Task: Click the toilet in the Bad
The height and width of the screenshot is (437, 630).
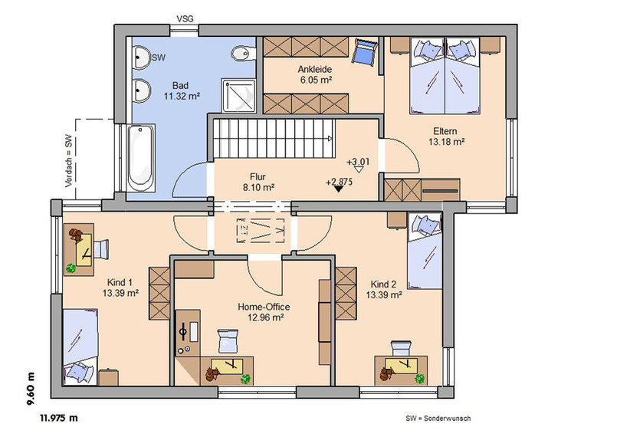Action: point(243,54)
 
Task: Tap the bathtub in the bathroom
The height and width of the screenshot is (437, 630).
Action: point(140,158)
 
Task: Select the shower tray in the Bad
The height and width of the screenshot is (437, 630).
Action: point(238,95)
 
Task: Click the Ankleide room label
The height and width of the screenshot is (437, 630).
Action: point(315,69)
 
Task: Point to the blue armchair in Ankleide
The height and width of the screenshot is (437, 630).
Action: point(366,51)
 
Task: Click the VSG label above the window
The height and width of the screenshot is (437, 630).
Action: point(185,19)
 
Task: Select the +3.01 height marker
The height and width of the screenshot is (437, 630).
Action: point(358,162)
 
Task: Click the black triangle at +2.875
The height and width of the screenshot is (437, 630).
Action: point(339,188)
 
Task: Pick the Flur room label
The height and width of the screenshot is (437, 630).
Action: point(258,176)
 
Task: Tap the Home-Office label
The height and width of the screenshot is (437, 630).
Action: point(264,307)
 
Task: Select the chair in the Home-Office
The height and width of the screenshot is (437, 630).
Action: point(228,341)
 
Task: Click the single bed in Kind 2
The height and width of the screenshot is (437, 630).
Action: point(425,251)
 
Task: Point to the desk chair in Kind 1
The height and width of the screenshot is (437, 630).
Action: point(101,249)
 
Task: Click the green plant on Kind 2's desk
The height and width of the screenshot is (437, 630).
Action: point(420,378)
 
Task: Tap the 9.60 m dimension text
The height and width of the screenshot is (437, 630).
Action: point(31,389)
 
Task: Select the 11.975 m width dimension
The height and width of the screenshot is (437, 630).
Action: point(59,418)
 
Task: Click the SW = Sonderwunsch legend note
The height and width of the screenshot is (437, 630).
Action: point(438,419)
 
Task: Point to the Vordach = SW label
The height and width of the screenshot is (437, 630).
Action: point(69,161)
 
